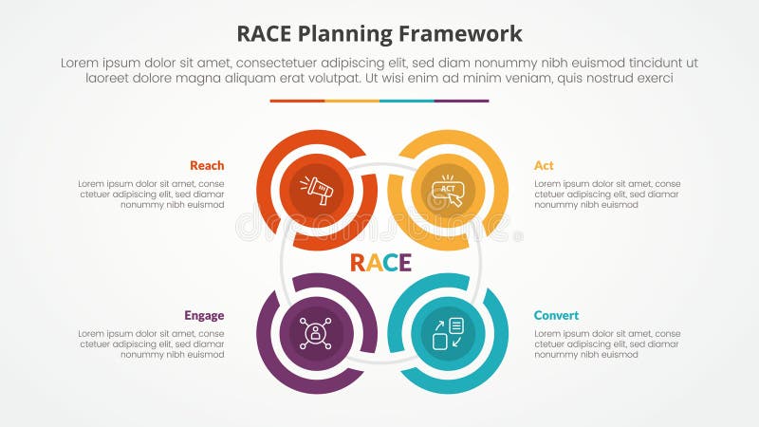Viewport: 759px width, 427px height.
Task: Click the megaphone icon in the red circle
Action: click(x=317, y=189)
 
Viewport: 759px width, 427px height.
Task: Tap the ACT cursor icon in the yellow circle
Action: click(x=448, y=189)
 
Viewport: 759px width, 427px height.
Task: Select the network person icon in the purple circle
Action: click(x=314, y=334)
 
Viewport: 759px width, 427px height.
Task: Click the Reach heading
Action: click(x=207, y=165)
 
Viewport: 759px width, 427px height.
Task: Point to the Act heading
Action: click(x=544, y=165)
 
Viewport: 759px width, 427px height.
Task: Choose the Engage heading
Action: click(x=205, y=315)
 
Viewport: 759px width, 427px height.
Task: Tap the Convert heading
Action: click(x=556, y=315)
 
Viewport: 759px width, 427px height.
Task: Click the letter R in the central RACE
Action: click(x=359, y=263)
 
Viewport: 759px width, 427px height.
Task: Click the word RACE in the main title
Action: click(x=268, y=34)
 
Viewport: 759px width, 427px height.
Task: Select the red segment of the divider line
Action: click(x=297, y=101)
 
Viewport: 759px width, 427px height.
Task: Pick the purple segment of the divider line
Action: click(x=461, y=101)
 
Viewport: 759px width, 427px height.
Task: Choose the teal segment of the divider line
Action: click(x=407, y=101)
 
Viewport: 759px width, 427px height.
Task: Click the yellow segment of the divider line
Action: click(x=352, y=101)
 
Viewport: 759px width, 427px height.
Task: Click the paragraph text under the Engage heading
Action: click(x=152, y=343)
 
